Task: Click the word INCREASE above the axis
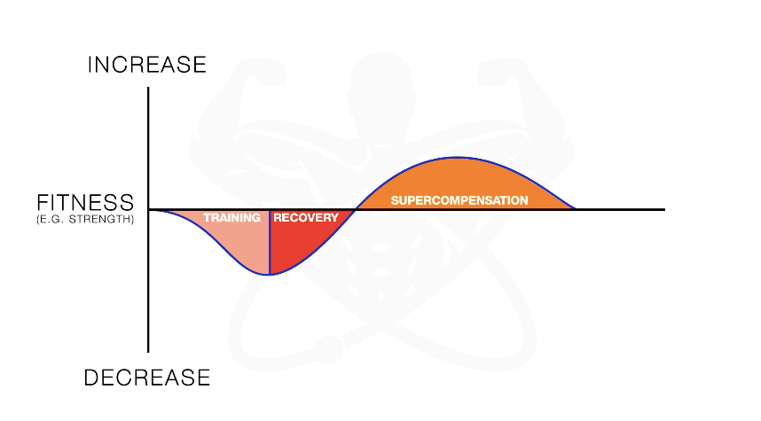[147, 65]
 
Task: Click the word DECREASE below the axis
[147, 378]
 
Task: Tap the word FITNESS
[85, 202]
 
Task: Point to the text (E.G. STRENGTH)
[85, 219]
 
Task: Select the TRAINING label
[231, 218]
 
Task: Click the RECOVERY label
[306, 218]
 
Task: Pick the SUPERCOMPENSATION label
[459, 200]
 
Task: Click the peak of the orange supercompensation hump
[458, 157]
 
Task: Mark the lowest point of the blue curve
[270, 275]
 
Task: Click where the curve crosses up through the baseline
[356, 209]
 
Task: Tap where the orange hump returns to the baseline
[576, 209]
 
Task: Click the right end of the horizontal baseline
[664, 209]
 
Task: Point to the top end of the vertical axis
[148, 88]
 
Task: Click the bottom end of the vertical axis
[148, 352]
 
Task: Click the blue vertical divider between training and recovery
[270, 242]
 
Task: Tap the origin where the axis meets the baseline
[148, 209]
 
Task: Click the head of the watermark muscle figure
[381, 85]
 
